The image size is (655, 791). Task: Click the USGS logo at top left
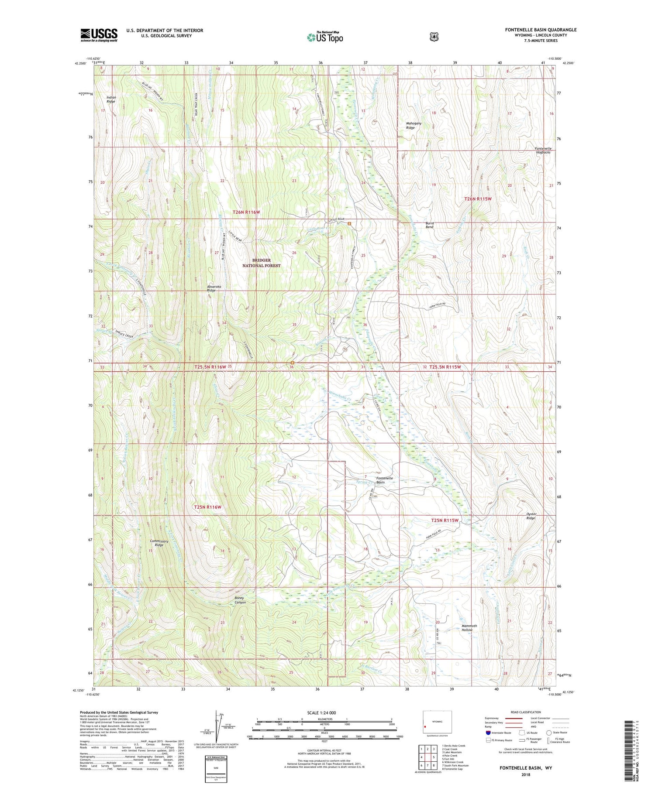pyautogui.click(x=99, y=35)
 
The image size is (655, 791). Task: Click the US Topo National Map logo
pyautogui.click(x=325, y=37)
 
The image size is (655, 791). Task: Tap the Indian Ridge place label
pyautogui.click(x=111, y=99)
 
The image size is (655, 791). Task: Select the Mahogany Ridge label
pyautogui.click(x=414, y=126)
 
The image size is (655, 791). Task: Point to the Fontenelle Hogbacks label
pyautogui.click(x=543, y=151)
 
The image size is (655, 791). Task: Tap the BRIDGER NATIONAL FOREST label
pyautogui.click(x=261, y=263)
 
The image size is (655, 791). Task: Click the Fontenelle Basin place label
pyautogui.click(x=384, y=480)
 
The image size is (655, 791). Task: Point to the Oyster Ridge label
pyautogui.click(x=531, y=516)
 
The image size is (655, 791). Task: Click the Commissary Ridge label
pyautogui.click(x=159, y=543)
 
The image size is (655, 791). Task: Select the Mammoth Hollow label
pyautogui.click(x=469, y=628)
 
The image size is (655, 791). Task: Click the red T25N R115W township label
pyautogui.click(x=445, y=520)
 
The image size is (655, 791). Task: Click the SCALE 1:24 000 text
pyautogui.click(x=324, y=712)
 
